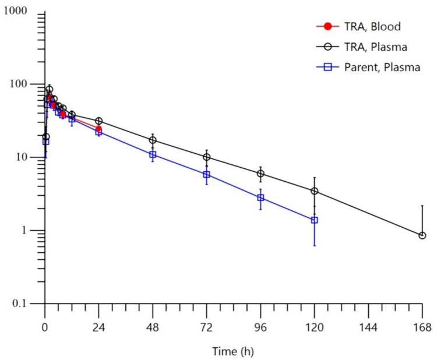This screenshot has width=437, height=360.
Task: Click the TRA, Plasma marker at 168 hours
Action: (422, 235)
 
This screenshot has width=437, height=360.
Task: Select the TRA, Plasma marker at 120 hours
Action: (315, 191)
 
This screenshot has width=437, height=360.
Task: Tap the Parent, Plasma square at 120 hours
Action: (315, 220)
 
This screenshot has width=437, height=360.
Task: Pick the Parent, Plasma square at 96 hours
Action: (260, 198)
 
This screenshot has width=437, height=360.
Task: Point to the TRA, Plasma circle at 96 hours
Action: (260, 174)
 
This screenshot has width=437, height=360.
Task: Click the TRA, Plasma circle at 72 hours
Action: (207, 157)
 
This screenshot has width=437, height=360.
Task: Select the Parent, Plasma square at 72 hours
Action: (207, 175)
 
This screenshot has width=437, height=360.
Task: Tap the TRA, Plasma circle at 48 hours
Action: (153, 140)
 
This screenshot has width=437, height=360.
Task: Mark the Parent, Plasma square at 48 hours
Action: (153, 155)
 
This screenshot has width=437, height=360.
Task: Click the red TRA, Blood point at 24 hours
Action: (99, 128)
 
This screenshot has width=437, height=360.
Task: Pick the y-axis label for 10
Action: (31, 157)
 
